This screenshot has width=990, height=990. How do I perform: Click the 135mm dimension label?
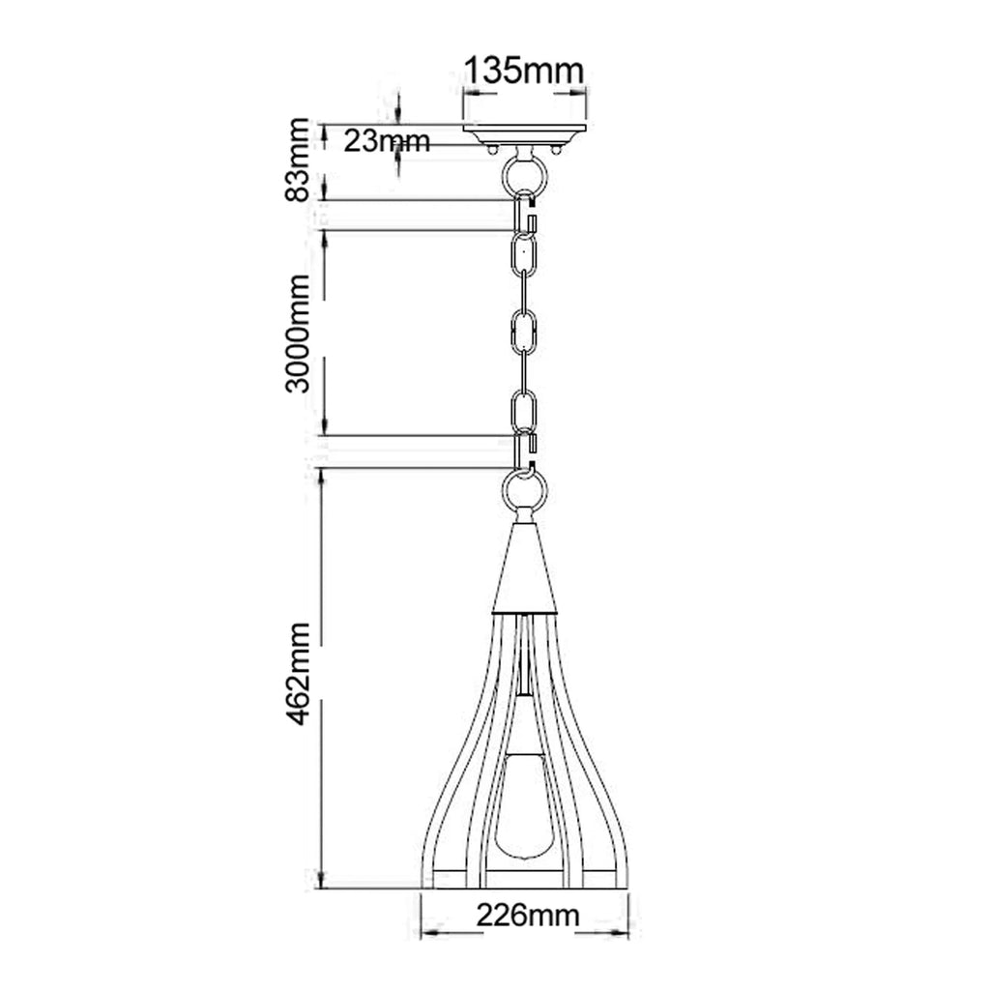point(524,71)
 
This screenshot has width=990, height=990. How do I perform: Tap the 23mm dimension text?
point(387,141)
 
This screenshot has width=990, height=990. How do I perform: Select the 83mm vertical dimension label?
point(298,160)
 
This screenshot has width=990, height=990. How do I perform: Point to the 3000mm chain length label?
point(298,334)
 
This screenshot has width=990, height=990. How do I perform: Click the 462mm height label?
point(298,673)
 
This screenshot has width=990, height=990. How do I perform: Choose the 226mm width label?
point(527,915)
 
